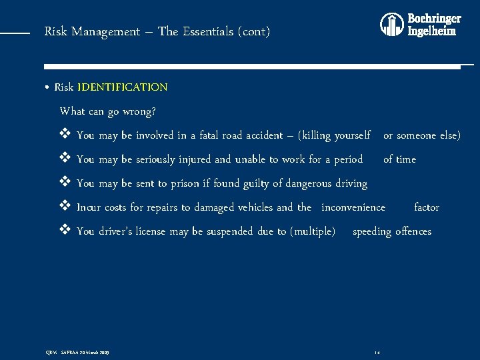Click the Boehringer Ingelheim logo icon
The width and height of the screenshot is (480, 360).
click(x=392, y=25)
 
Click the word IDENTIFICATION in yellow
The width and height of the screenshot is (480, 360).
click(x=122, y=87)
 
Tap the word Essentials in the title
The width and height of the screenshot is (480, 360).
click(x=207, y=31)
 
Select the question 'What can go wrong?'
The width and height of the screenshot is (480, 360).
click(x=107, y=111)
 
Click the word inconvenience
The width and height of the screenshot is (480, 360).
click(x=353, y=207)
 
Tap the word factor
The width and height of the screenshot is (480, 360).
click(x=427, y=207)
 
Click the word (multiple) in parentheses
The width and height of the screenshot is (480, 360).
click(x=313, y=231)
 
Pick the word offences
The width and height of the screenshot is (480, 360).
click(x=413, y=231)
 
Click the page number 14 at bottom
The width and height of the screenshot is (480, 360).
click(x=377, y=351)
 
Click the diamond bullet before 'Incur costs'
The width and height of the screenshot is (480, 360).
click(x=65, y=207)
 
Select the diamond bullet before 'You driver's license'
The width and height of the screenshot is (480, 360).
click(x=65, y=231)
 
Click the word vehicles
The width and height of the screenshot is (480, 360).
click(x=253, y=207)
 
